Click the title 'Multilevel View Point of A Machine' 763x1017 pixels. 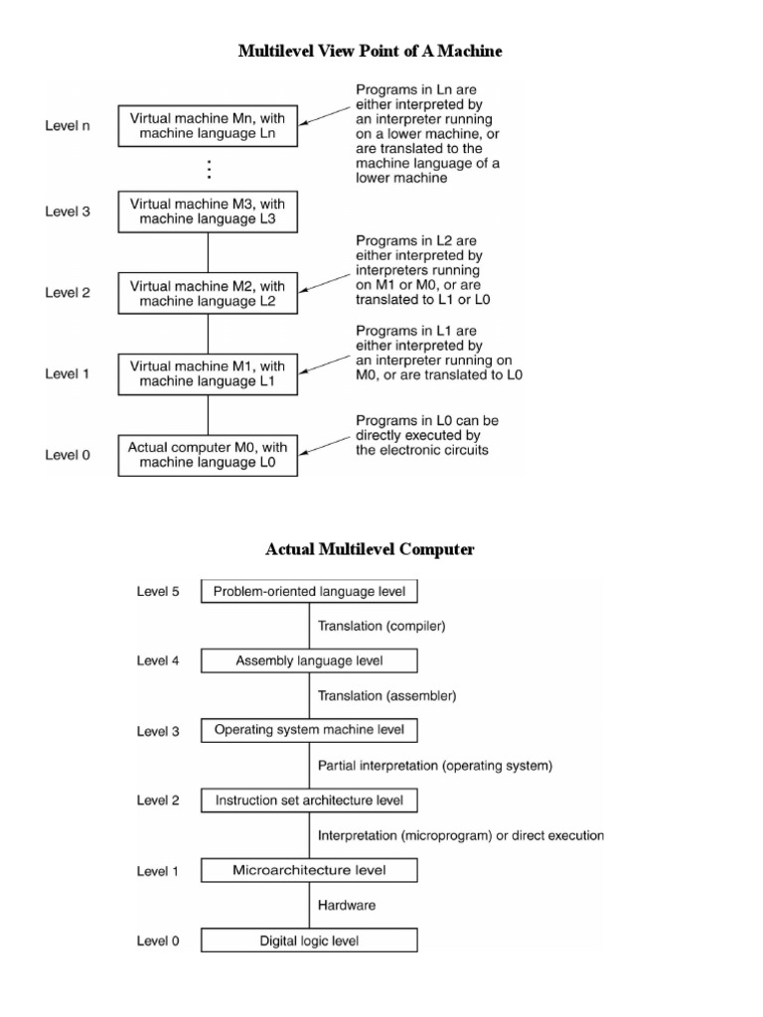click(x=371, y=51)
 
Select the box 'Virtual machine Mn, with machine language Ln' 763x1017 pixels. click(x=208, y=125)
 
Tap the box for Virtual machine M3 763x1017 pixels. click(x=208, y=211)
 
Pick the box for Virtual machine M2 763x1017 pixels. click(x=208, y=293)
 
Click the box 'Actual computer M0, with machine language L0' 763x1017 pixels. click(x=208, y=455)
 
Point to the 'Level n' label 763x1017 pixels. click(x=68, y=126)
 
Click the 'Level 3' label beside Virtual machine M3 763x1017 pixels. click(x=68, y=212)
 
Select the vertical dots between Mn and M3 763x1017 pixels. click(x=209, y=168)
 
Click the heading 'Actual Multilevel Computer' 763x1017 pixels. click(x=370, y=549)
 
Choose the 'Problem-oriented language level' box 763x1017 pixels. click(x=309, y=592)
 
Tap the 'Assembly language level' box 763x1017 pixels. click(x=309, y=660)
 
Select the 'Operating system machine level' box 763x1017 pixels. click(x=309, y=730)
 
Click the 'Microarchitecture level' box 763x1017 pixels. click(x=309, y=871)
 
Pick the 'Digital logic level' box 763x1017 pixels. click(x=309, y=940)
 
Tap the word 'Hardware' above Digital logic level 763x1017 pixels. click(x=347, y=905)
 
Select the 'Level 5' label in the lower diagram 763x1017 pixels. click(x=158, y=592)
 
